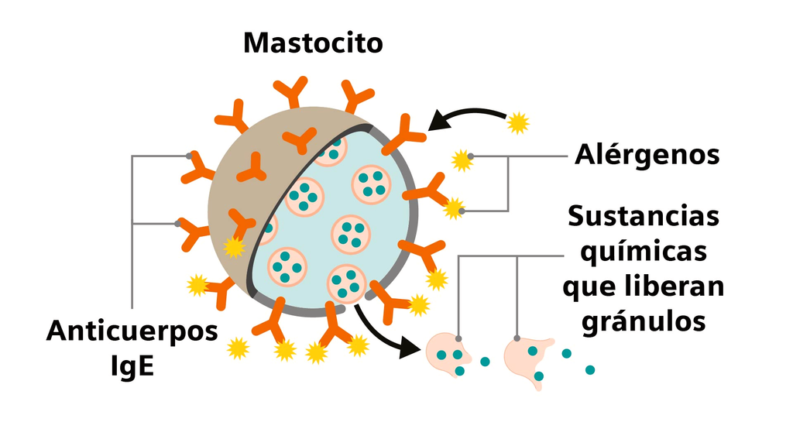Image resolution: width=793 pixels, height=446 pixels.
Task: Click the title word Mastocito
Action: coord(313,43)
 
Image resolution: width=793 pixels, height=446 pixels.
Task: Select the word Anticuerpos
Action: coord(132,331)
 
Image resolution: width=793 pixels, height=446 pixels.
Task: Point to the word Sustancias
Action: coord(643,216)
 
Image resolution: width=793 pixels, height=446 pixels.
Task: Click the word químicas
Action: coord(644,252)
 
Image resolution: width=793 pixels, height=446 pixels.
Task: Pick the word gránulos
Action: coord(644,321)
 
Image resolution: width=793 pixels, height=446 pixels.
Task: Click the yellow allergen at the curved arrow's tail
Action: coord(517,122)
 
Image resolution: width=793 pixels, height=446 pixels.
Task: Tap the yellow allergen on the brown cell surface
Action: coord(234,247)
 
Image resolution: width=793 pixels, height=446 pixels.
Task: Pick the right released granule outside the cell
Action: coord(528,359)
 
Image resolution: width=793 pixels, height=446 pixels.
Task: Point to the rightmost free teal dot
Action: coord(590,369)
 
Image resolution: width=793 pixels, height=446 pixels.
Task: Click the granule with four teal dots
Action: coord(372,184)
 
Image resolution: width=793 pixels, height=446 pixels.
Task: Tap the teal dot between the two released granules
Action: coord(486,362)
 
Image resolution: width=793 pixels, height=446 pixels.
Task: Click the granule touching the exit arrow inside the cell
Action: coord(346,283)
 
